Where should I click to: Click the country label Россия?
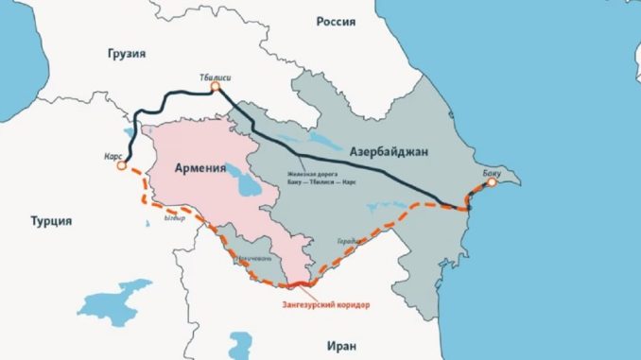click(x=337, y=20)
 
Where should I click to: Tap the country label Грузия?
click(x=128, y=54)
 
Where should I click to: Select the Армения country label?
click(x=200, y=169)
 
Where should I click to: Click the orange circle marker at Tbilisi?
click(x=215, y=88)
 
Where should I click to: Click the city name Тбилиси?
click(x=216, y=75)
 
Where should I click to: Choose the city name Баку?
click(x=493, y=171)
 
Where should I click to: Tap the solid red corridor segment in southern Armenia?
click(x=297, y=283)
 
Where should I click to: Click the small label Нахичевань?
click(x=255, y=257)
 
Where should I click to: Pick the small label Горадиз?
click(x=348, y=241)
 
